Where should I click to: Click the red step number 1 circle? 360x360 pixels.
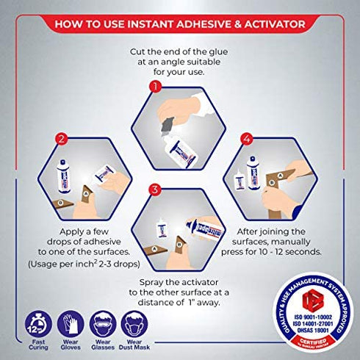pos(155,86)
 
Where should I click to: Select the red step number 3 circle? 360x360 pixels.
pos(155,190)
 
